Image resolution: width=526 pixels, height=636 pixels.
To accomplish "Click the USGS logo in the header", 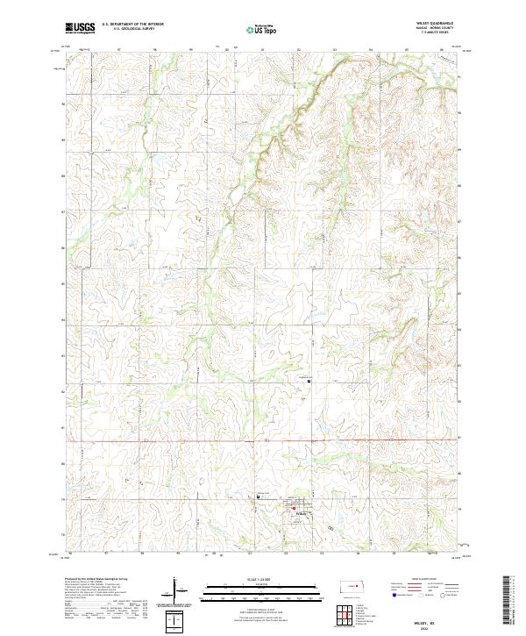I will click(80, 28).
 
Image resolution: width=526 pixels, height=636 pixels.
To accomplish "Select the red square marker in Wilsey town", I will click(292, 506).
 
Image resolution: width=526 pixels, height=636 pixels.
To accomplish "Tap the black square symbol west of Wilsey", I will click(257, 497).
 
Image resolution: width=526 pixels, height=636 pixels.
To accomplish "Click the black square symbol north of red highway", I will click(307, 380).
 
